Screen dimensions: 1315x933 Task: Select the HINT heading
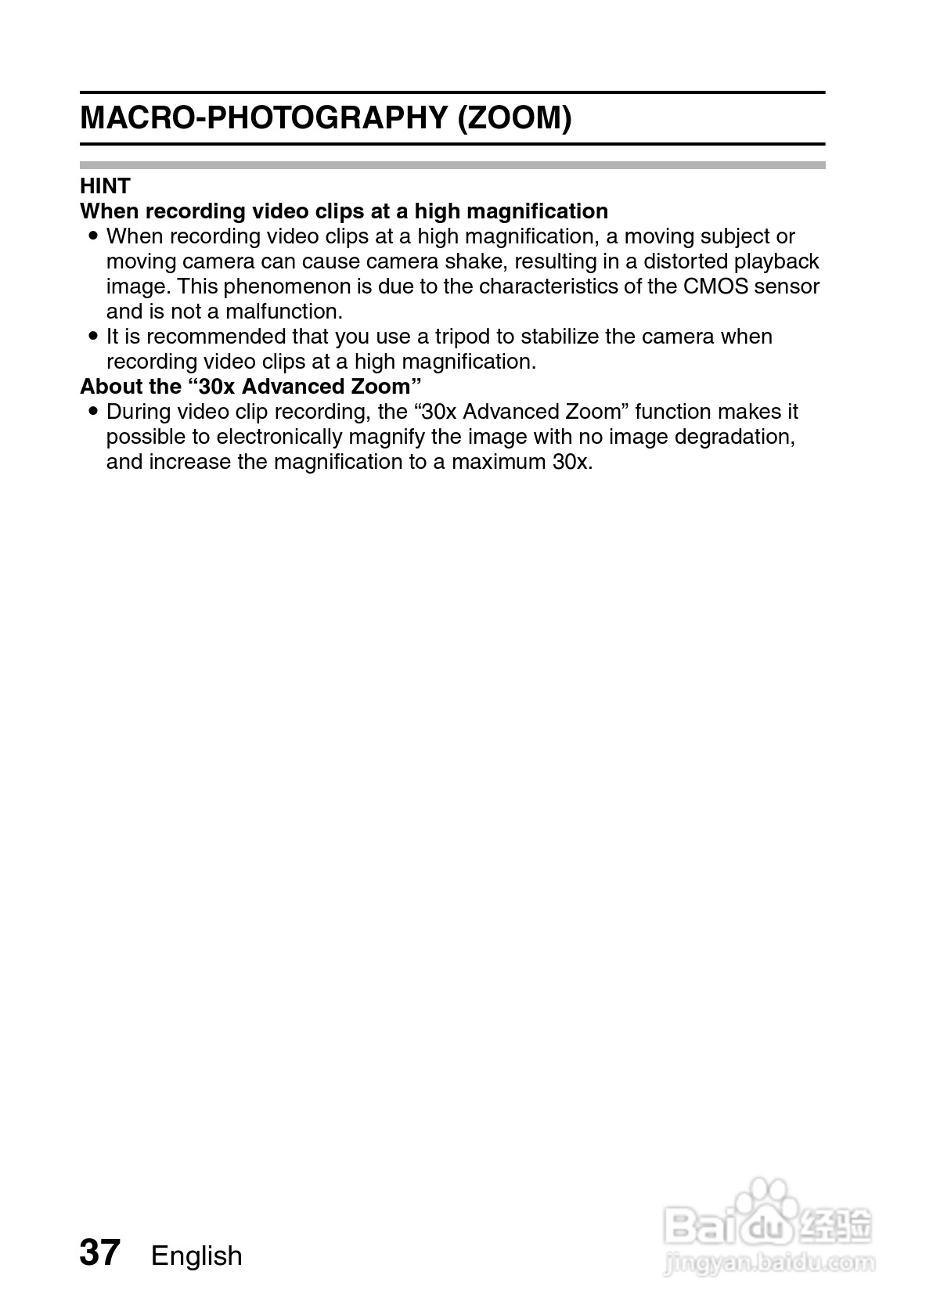click(105, 186)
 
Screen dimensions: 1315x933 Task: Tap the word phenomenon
click(287, 286)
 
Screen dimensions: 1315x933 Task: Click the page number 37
click(99, 1253)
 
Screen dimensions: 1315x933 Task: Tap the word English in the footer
click(196, 1256)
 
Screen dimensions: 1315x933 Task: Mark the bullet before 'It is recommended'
click(93, 337)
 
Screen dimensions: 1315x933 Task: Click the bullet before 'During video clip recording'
click(93, 412)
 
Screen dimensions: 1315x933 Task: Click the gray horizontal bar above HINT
click(452, 165)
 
